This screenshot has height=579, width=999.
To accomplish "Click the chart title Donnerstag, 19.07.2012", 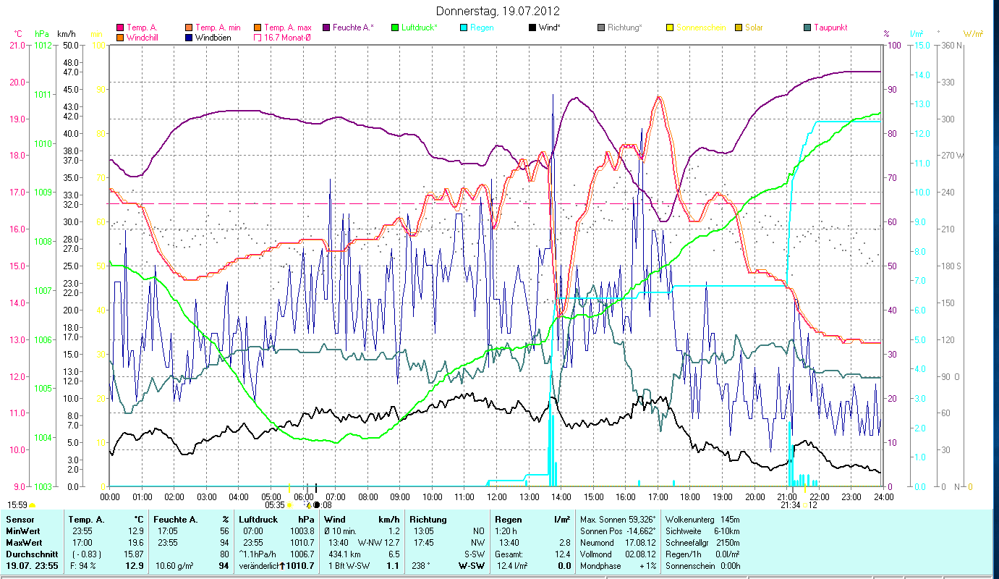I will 498,12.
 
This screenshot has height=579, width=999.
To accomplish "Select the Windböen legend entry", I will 213,38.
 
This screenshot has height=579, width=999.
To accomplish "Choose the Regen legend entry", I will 483,28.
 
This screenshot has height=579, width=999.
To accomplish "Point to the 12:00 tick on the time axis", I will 497,496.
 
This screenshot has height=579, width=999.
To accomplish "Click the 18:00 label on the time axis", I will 690,496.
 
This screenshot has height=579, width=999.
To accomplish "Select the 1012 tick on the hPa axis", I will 43,45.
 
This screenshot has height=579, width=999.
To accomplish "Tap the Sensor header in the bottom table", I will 20,520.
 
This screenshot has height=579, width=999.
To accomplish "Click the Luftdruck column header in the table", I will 258,520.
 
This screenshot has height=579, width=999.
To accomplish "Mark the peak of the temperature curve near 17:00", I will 658,96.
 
